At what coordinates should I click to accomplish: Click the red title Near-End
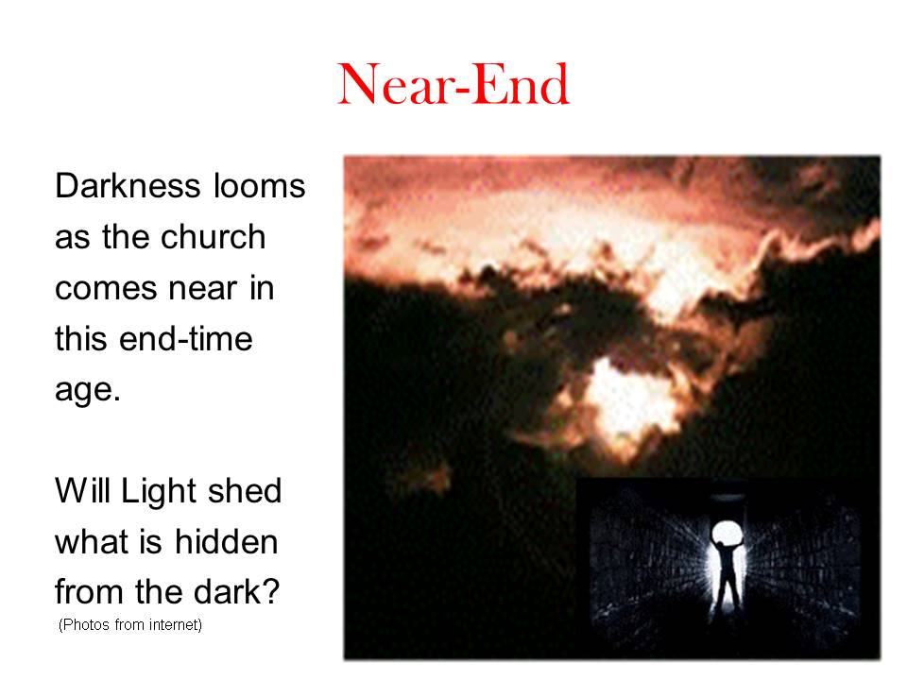tap(453, 84)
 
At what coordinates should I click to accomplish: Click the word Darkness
tap(128, 186)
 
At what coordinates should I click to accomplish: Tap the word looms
tap(259, 186)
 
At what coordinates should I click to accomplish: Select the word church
tap(213, 237)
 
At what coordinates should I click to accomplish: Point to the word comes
tap(106, 289)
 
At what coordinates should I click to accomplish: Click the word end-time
tap(186, 339)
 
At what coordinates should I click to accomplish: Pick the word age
tap(87, 391)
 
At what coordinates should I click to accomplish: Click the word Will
tap(82, 491)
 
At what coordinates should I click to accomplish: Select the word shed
tap(245, 491)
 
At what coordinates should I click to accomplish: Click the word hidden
tap(226, 542)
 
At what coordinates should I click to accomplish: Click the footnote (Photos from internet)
tap(130, 625)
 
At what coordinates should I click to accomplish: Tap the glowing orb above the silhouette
tap(727, 532)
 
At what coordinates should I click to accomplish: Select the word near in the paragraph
tap(204, 289)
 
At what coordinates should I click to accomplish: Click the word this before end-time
tap(81, 339)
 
